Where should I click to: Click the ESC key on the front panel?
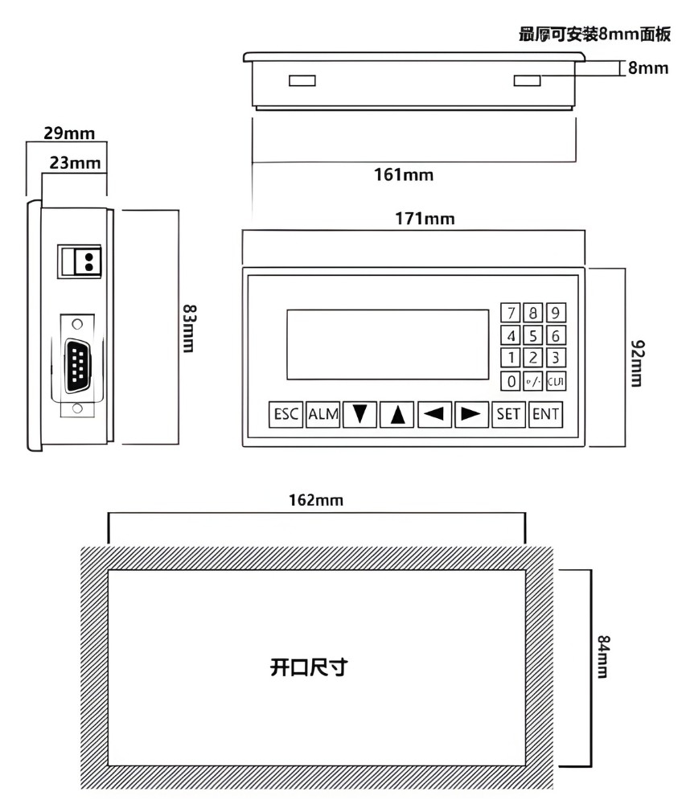click(286, 415)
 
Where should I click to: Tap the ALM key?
click(323, 415)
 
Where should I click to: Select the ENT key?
click(545, 415)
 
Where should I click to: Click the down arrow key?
click(359, 415)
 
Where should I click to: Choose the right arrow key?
click(471, 415)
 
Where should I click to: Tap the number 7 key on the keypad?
click(510, 313)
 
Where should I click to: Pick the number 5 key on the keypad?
click(532, 335)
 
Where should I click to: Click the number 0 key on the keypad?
click(510, 381)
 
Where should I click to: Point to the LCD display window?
click(387, 344)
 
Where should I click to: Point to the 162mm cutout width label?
click(316, 500)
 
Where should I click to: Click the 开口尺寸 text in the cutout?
click(308, 667)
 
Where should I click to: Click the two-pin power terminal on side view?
click(80, 261)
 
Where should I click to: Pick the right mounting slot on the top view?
click(527, 80)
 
